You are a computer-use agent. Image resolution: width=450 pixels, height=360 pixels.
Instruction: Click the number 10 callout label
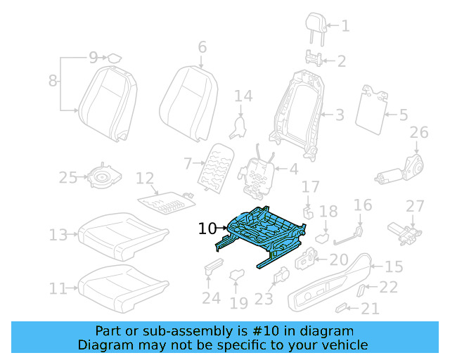click(207, 229)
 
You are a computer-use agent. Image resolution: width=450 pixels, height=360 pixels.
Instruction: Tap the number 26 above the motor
click(418, 133)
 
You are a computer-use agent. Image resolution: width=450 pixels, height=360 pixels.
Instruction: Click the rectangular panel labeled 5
click(372, 110)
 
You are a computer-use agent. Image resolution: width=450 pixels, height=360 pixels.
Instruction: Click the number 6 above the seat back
click(202, 47)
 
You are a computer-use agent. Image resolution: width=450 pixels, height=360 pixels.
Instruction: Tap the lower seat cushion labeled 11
click(123, 284)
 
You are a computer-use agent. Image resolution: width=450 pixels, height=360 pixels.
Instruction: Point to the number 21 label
click(370, 308)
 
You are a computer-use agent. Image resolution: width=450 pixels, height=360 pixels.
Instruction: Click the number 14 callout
click(243, 96)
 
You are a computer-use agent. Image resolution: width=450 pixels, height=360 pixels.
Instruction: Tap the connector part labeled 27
click(404, 229)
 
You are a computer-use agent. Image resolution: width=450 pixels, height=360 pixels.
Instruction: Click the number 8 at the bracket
click(53, 81)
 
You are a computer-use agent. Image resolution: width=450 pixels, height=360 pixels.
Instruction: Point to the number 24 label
click(211, 298)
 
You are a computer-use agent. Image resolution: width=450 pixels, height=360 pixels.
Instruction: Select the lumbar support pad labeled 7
click(214, 169)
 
